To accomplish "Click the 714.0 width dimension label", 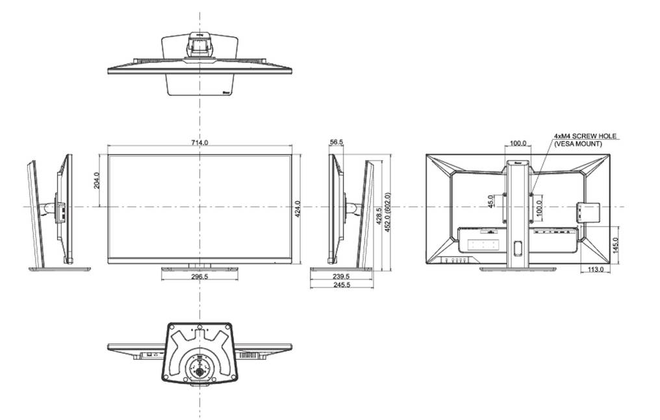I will (199, 142).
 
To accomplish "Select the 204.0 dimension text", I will (97, 180).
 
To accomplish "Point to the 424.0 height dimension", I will (298, 209).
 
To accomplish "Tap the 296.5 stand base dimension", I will (199, 276).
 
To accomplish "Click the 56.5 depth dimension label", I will (336, 142).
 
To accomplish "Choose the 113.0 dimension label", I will (595, 269).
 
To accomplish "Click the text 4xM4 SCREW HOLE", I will (585, 137).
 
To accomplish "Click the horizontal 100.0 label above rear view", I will (518, 142).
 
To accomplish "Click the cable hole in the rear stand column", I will (518, 248).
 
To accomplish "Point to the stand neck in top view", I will (199, 47).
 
